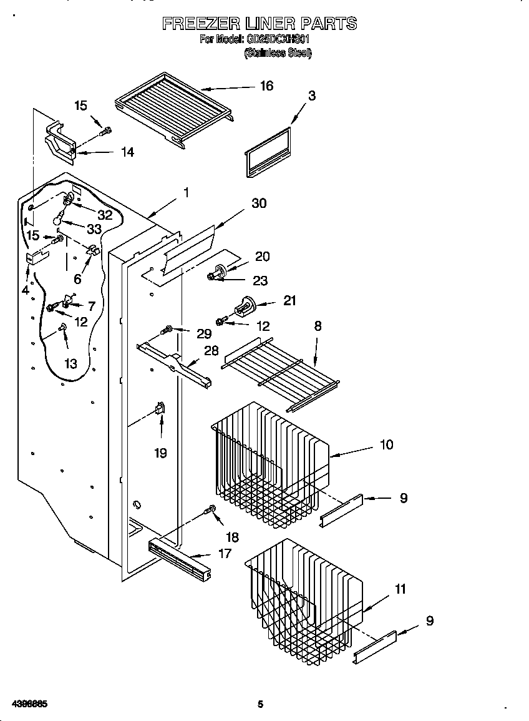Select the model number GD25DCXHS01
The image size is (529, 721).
(x=278, y=39)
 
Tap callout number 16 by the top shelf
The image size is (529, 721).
(x=266, y=86)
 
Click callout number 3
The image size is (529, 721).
(x=311, y=96)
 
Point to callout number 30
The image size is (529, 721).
(x=259, y=204)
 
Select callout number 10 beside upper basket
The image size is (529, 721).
(x=386, y=444)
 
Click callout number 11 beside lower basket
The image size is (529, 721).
(x=400, y=589)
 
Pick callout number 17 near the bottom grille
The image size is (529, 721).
(x=225, y=553)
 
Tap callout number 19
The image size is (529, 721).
(x=161, y=453)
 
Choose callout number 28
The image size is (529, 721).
(x=212, y=351)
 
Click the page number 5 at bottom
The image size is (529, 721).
(x=261, y=705)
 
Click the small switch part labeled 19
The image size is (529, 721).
(x=160, y=408)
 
